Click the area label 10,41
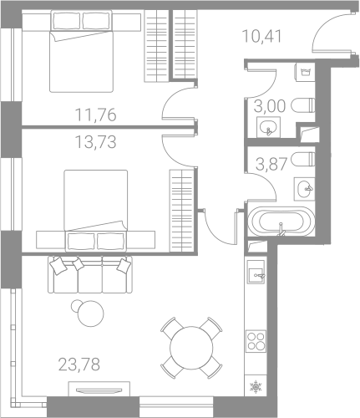tap(262, 36)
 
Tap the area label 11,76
tap(95, 115)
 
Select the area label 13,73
tap(95, 141)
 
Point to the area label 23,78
tap(79, 364)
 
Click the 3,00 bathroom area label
tap(270, 106)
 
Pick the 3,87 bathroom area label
tap(271, 164)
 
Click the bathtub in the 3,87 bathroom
tap(281, 222)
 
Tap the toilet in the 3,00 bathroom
tap(303, 105)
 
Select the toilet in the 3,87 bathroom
tap(303, 160)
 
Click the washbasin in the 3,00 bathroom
tap(268, 127)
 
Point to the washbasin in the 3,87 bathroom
tap(304, 189)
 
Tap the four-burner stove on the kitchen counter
tap(256, 340)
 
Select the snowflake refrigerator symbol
tap(256, 387)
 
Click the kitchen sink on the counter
tap(256, 272)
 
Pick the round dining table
tap(191, 348)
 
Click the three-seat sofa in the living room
tap(90, 274)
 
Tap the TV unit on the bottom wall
tap(99, 389)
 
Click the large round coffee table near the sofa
tap(90, 313)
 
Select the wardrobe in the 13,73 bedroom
tap(182, 211)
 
